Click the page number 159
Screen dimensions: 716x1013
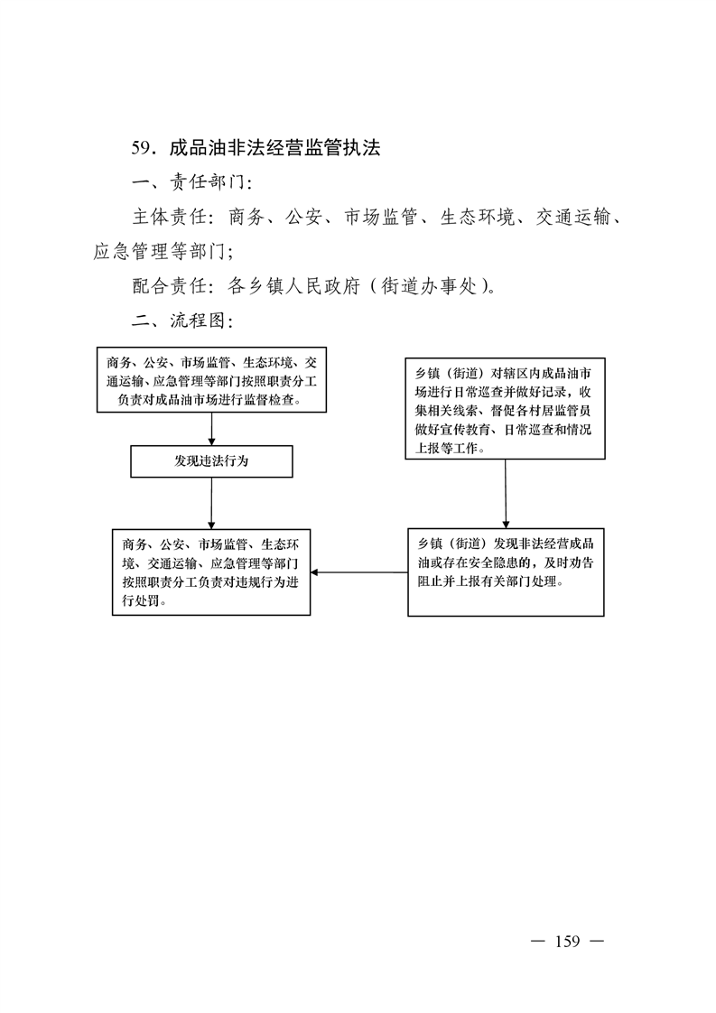567,942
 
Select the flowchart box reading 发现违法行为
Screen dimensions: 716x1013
211,461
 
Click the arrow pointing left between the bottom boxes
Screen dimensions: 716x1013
358,572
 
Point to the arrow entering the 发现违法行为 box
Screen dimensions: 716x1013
211,429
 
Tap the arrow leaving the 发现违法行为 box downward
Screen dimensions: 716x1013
211,503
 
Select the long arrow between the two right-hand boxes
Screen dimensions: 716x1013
506,494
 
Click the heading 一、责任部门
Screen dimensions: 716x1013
192,182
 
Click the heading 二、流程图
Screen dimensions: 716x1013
182,321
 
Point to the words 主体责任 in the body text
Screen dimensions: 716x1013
170,217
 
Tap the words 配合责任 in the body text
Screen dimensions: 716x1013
170,285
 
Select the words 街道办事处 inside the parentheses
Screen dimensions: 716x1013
429,285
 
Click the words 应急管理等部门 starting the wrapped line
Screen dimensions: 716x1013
160,251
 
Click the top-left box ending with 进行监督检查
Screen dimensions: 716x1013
211,380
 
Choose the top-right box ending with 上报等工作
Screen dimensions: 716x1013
506,409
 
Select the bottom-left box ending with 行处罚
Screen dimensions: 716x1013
211,572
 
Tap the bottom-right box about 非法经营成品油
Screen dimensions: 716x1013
506,572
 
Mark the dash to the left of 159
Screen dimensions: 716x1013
537,942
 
